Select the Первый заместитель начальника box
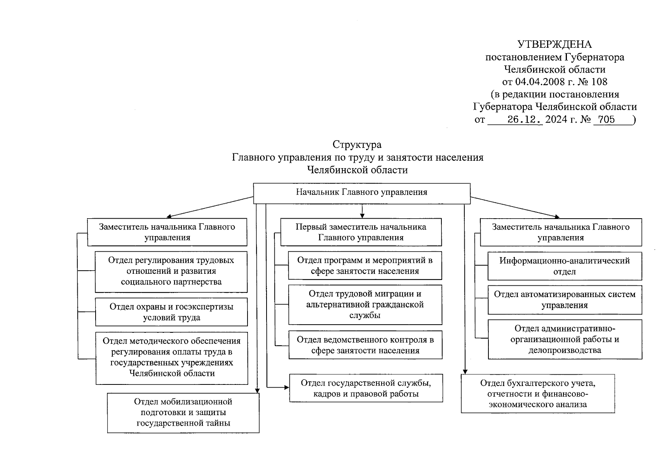click(361, 232)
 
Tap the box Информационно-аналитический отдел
click(565, 266)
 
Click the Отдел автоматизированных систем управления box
click(565, 300)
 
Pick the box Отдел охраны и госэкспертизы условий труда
click(171, 312)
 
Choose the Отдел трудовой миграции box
click(365, 305)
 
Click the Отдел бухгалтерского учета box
click(538, 393)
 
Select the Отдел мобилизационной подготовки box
click(183, 412)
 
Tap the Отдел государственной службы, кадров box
click(366, 388)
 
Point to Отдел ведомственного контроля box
click(365, 345)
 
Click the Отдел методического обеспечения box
click(172, 358)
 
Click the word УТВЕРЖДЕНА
click(554, 44)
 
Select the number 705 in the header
click(607, 120)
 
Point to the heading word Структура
click(357, 145)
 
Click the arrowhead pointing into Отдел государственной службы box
click(287, 387)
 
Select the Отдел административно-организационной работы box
click(565, 339)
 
